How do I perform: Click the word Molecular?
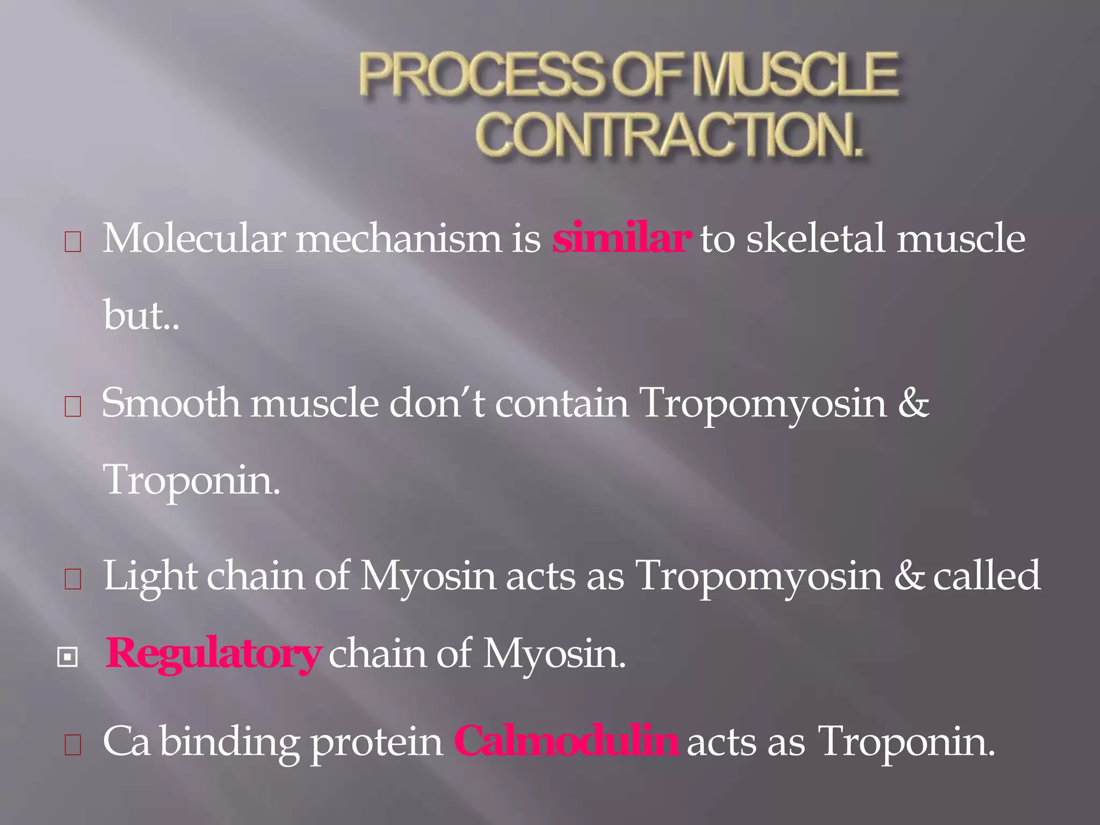tap(194, 238)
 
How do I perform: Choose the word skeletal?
tap(816, 238)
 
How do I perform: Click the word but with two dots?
tap(141, 316)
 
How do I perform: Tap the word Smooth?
tap(171, 403)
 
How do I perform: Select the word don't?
tap(436, 403)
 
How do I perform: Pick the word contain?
tap(561, 403)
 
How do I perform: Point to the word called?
tap(987, 576)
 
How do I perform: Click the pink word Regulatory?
tap(213, 654)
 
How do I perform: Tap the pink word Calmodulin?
tap(566, 742)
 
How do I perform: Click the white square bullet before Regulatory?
tap(68, 657)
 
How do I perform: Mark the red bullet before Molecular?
tap(73, 242)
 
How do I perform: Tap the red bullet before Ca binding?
tap(73, 746)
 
